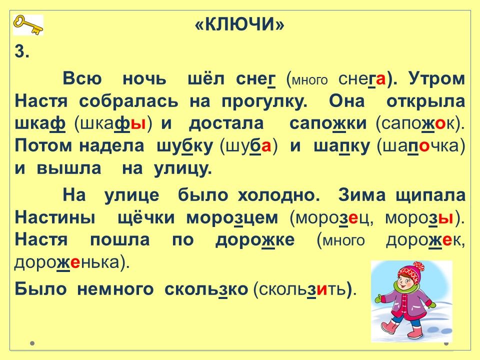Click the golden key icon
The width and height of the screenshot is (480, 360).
(x=28, y=25)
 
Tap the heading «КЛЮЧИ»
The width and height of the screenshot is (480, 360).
(x=239, y=24)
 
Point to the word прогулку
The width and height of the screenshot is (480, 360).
(x=264, y=102)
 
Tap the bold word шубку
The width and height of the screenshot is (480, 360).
(x=184, y=146)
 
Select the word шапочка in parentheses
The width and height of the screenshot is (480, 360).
(x=421, y=146)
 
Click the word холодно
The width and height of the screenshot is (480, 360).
(x=279, y=194)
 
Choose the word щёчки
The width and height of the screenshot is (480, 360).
(x=146, y=217)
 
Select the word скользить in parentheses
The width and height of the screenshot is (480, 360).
(x=303, y=289)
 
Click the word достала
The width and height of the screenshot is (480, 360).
(x=226, y=124)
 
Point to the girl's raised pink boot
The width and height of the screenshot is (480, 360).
(x=389, y=328)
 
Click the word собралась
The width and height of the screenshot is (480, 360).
(x=128, y=101)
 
